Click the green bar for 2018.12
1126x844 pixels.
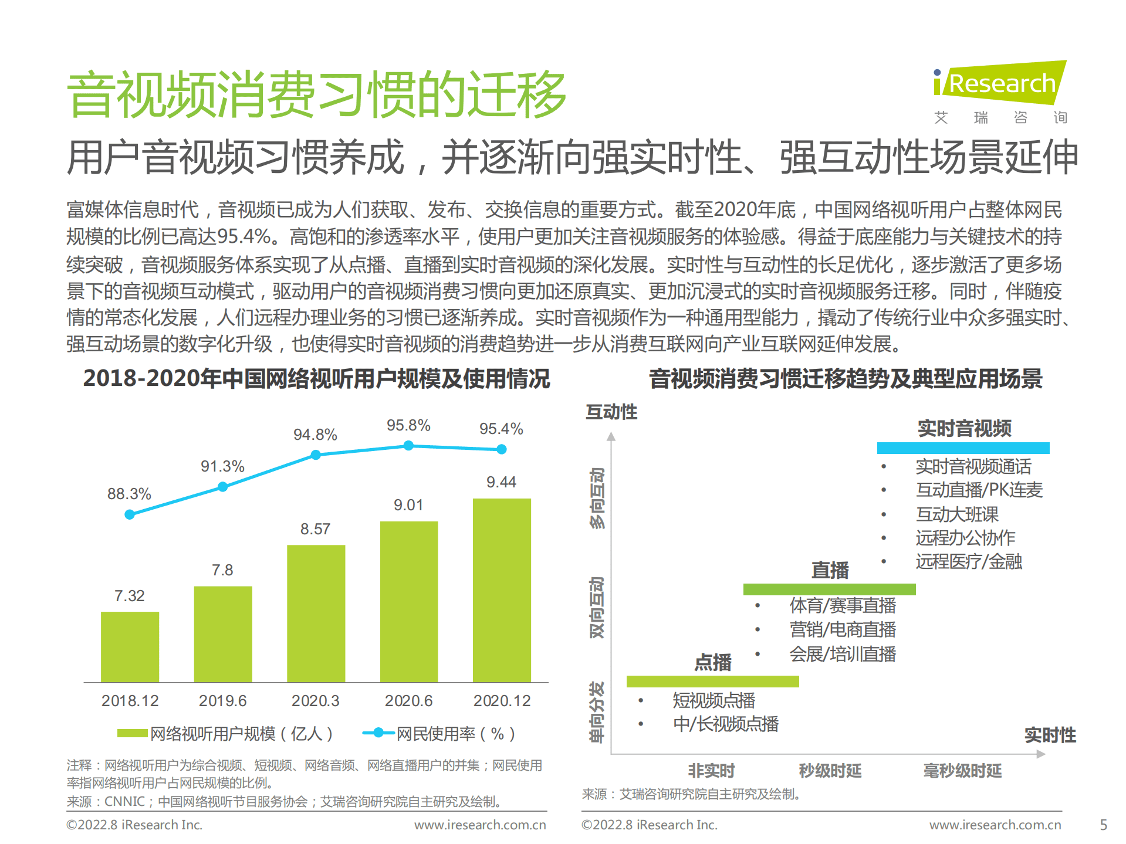(130, 646)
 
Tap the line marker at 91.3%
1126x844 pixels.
(222, 487)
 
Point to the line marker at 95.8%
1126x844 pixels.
(408, 446)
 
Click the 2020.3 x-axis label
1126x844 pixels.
(315, 701)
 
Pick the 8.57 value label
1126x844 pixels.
(315, 529)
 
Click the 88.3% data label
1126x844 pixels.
(129, 494)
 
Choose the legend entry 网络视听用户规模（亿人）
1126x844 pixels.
(225, 733)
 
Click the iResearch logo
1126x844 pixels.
(1000, 84)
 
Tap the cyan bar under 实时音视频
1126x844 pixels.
(963, 448)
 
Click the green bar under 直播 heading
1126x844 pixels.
(829, 589)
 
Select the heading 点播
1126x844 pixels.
(713, 663)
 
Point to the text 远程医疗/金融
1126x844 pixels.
(969, 561)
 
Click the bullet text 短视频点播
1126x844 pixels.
(714, 700)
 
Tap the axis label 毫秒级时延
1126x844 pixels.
(962, 770)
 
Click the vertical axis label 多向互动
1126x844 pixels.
(597, 498)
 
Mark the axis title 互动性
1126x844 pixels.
(611, 412)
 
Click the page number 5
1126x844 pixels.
(1103, 825)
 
